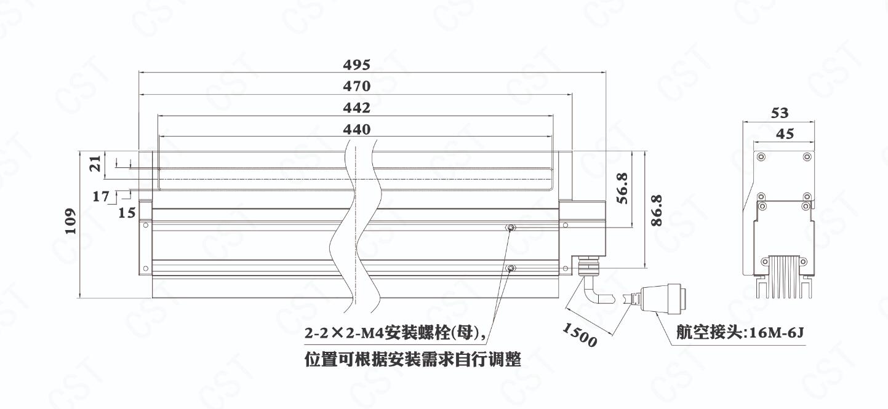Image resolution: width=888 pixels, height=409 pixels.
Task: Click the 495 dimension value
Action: click(x=357, y=65)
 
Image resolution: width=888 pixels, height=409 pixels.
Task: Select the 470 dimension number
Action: click(x=357, y=86)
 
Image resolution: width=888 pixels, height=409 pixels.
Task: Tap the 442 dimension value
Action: click(x=357, y=108)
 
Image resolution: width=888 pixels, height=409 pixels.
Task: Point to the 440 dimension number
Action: click(x=357, y=129)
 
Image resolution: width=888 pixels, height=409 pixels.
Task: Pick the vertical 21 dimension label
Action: click(x=95, y=163)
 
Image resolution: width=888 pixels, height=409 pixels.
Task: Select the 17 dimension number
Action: click(x=101, y=196)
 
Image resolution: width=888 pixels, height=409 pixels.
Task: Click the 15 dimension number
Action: click(x=127, y=213)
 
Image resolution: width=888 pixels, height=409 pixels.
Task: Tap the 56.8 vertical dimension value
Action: click(x=622, y=188)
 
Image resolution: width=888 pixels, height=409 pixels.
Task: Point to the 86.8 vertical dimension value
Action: click(x=657, y=210)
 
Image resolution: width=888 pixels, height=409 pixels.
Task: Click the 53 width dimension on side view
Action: click(x=780, y=113)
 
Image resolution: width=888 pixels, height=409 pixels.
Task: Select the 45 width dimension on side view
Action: click(x=785, y=134)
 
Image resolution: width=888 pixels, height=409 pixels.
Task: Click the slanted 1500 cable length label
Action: click(x=580, y=335)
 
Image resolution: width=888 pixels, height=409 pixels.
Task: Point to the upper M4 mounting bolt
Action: click(x=511, y=228)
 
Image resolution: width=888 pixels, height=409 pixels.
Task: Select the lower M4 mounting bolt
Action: click(x=511, y=269)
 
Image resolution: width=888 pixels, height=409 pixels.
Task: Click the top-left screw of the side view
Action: click(x=761, y=157)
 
